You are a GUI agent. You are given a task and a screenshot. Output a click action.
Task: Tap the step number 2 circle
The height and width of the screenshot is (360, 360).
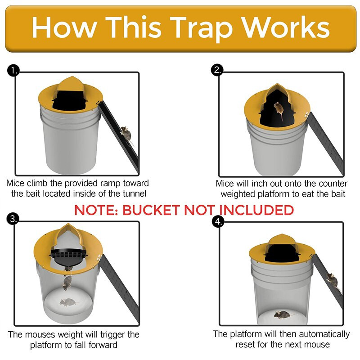coord(218,70)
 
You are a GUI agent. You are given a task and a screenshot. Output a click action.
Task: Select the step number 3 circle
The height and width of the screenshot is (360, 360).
coord(14,219)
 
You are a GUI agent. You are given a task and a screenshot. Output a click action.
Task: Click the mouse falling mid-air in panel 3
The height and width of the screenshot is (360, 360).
coord(67,282)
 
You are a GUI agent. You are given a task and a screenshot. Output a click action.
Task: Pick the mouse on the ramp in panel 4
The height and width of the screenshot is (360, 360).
coord(332,280)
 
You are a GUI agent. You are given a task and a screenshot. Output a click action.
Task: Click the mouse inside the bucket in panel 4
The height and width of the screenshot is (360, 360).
coord(283,314)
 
